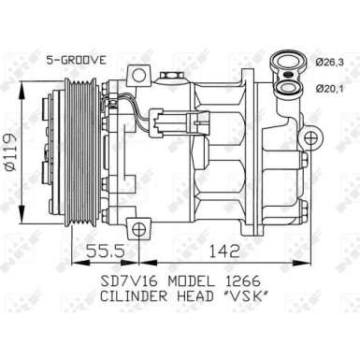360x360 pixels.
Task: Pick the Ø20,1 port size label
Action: pos(324,90)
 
